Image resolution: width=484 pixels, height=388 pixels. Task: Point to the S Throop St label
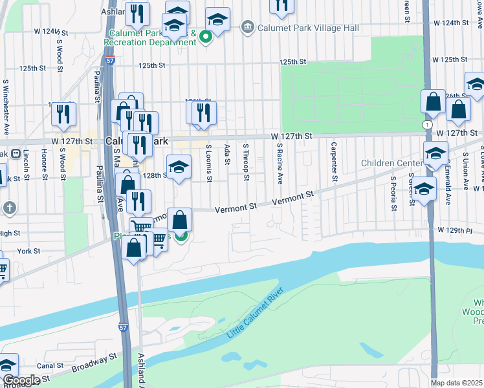pos(246,159)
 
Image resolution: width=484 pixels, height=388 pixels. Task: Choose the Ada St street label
pos(227,155)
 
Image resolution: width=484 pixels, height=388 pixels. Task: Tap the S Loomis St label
pos(208,163)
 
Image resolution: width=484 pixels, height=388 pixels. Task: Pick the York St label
pos(29,251)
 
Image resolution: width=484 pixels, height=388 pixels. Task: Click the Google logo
pos(21,380)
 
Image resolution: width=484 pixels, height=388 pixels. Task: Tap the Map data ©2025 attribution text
pos(457,383)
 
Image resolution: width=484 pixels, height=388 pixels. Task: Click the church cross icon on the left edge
pos(9,208)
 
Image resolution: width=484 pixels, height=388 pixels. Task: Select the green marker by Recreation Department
pos(205,37)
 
